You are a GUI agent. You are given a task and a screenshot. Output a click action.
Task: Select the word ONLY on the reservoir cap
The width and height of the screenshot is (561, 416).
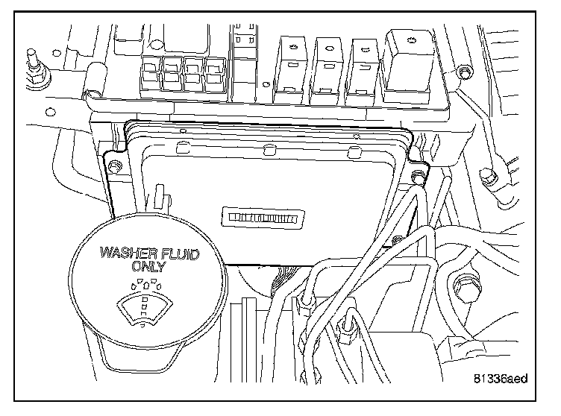(x=148, y=267)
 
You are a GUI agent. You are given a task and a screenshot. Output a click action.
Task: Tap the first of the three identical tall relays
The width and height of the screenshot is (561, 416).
(x=287, y=69)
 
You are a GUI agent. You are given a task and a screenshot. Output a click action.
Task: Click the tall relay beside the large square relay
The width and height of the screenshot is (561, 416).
(x=363, y=69)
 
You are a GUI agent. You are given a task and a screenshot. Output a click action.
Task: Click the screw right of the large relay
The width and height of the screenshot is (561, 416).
(x=463, y=72)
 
